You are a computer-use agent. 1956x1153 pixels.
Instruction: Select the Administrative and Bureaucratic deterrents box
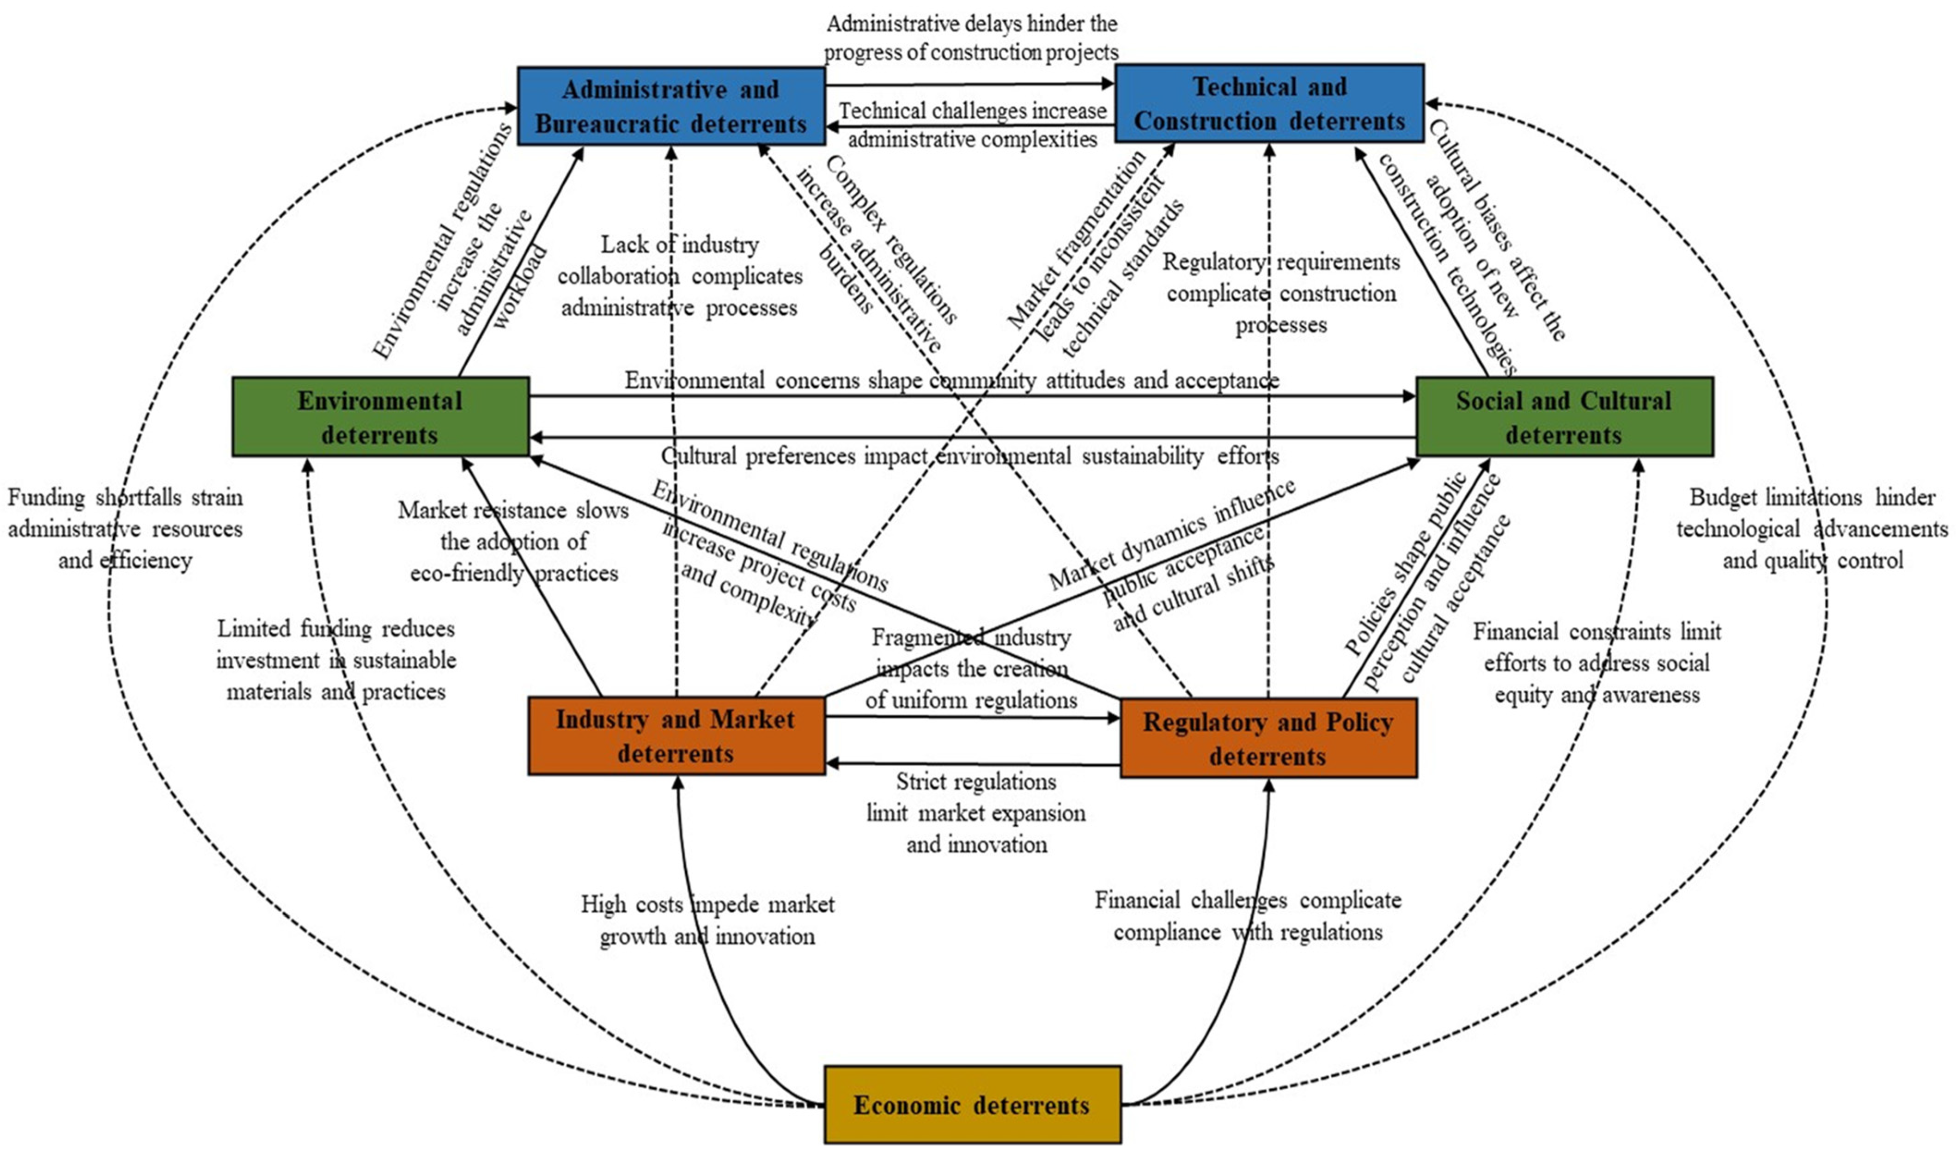[671, 106]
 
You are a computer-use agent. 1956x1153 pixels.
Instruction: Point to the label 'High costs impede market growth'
[707, 920]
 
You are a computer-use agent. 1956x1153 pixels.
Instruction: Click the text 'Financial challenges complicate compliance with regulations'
[1248, 916]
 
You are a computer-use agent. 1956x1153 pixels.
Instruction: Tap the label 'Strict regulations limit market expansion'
[975, 813]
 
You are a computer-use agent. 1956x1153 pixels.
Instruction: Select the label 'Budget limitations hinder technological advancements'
[1811, 528]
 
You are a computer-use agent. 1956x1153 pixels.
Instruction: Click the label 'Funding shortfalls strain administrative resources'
[125, 528]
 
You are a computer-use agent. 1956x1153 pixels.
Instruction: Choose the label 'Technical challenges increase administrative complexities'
[972, 125]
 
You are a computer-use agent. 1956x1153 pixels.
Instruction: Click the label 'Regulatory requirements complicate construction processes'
[1281, 293]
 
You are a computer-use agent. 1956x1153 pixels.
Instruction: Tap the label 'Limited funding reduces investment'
[335, 659]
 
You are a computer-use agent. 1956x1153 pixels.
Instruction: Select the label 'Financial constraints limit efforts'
[1596, 663]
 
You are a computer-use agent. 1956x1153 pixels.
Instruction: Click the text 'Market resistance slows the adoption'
[513, 542]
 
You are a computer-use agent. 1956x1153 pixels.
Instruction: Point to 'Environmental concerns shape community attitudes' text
[951, 380]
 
